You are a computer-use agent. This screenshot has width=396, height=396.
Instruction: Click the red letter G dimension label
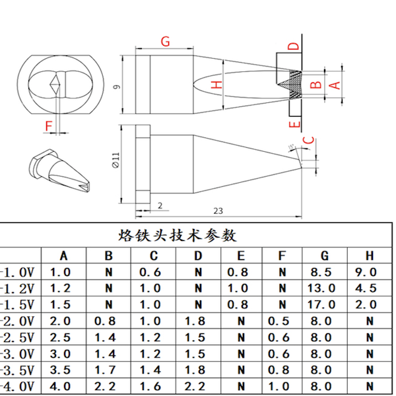coord(166,42)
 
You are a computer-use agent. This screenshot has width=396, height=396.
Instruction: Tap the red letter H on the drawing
coord(217,84)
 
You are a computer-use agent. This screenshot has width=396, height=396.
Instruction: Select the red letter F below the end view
coord(48,125)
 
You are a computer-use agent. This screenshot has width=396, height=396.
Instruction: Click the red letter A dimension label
coord(334,84)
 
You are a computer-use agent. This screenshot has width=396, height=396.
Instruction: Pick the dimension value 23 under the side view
coord(218,211)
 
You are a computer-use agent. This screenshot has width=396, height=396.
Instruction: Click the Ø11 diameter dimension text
coord(116,160)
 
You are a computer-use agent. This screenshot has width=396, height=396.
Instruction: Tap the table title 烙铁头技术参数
coord(178,236)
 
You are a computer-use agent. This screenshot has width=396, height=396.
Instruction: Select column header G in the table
coord(325,256)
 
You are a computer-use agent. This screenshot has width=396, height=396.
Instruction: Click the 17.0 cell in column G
coord(323,305)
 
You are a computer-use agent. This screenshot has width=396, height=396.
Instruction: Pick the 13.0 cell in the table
coord(323,288)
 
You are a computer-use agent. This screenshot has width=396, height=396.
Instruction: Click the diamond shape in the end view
coord(55,84)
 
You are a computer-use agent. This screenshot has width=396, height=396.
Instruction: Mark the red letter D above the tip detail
coord(294,47)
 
